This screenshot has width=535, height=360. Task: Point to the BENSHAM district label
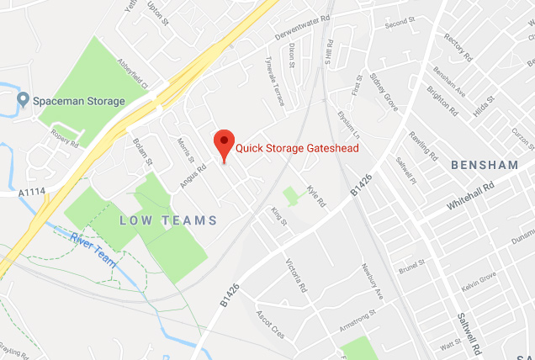point(485,165)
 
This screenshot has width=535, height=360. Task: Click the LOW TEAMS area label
point(168,220)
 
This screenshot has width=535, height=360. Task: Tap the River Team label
point(93,244)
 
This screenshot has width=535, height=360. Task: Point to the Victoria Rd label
point(297,275)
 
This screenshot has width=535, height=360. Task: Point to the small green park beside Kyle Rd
point(291,197)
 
